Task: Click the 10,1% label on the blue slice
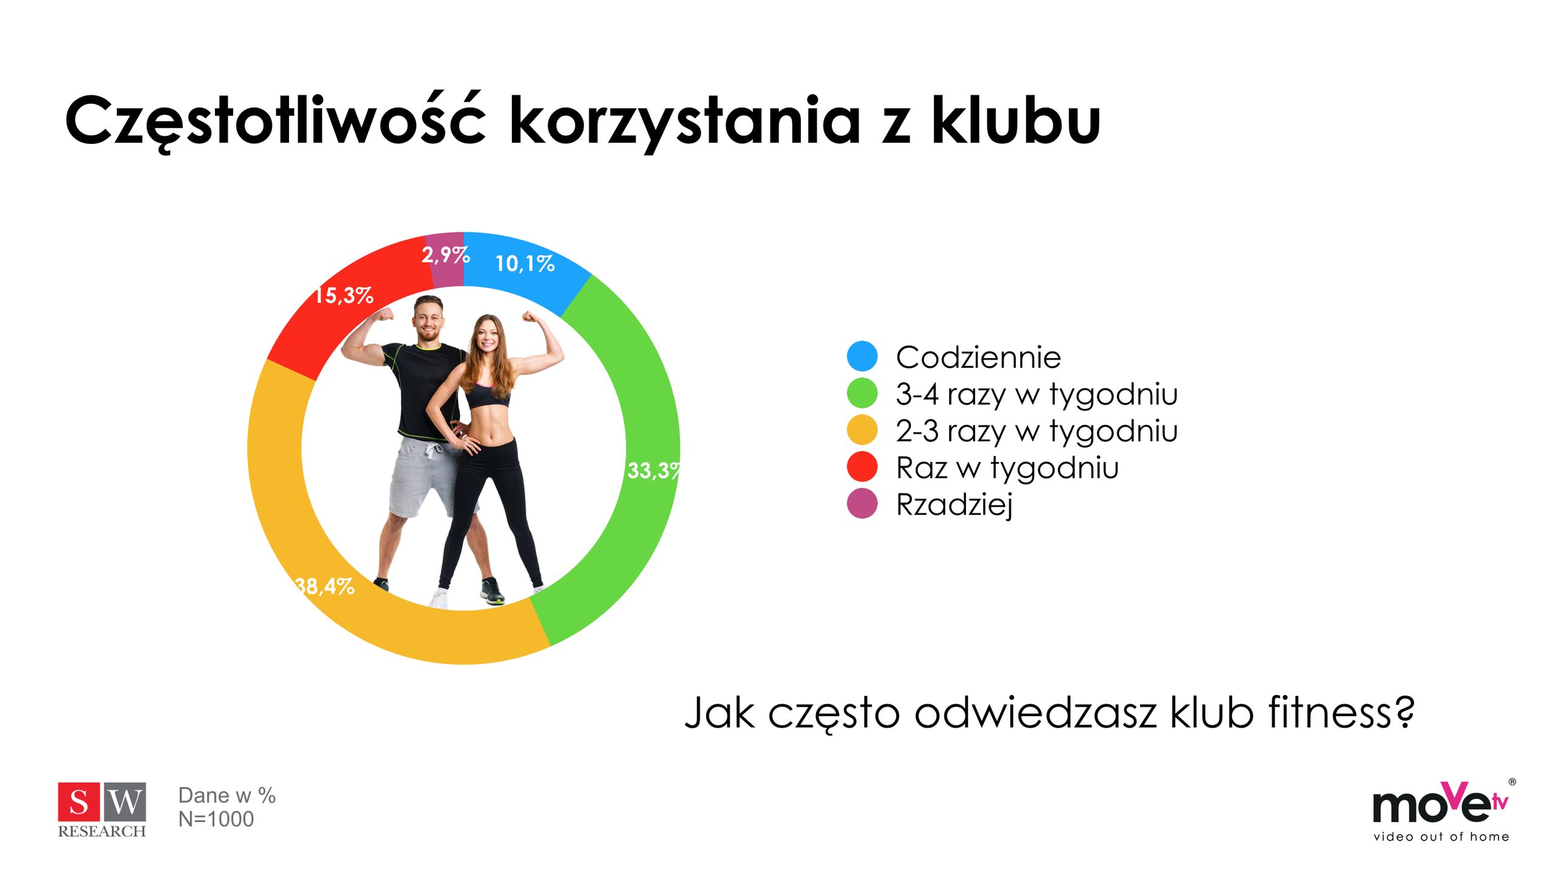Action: pyautogui.click(x=525, y=263)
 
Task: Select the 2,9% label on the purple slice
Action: pyautogui.click(x=446, y=255)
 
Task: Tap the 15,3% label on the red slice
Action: pyautogui.click(x=344, y=296)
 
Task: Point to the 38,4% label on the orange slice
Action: pyautogui.click(x=325, y=586)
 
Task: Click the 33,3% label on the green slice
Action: pyautogui.click(x=653, y=470)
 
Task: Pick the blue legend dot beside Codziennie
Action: pyautogui.click(x=862, y=356)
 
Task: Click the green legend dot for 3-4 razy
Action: pyautogui.click(x=862, y=393)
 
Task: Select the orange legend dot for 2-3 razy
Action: pyautogui.click(x=862, y=430)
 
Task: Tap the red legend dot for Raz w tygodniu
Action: pyautogui.click(x=862, y=467)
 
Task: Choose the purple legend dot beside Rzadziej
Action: pyautogui.click(x=862, y=504)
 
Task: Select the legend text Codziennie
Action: pyautogui.click(x=978, y=357)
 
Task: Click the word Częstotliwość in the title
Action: pyautogui.click(x=276, y=121)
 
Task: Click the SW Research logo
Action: pyautogui.click(x=102, y=810)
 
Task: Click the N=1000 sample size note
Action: pyautogui.click(x=216, y=819)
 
